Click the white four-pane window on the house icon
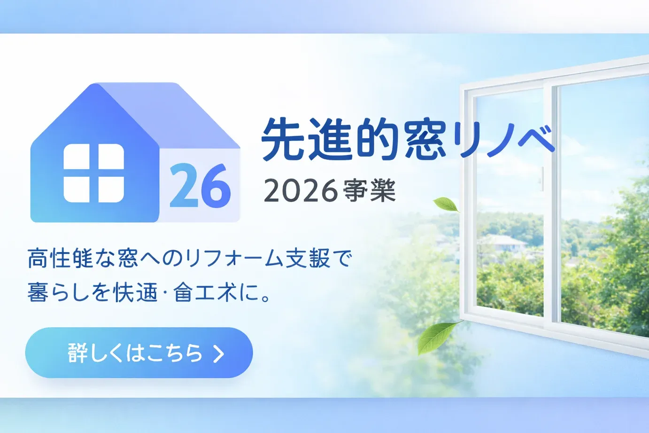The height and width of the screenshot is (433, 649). (x=94, y=173)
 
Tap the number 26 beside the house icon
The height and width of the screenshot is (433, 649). (x=200, y=186)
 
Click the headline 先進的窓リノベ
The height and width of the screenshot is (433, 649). (x=408, y=140)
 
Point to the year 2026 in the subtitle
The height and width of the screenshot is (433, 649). (x=301, y=191)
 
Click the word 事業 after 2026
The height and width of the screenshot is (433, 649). (x=370, y=191)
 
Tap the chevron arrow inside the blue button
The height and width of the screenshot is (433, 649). (x=218, y=354)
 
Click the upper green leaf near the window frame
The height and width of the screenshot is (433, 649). (x=446, y=205)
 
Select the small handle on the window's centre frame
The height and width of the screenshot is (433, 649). (x=542, y=179)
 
